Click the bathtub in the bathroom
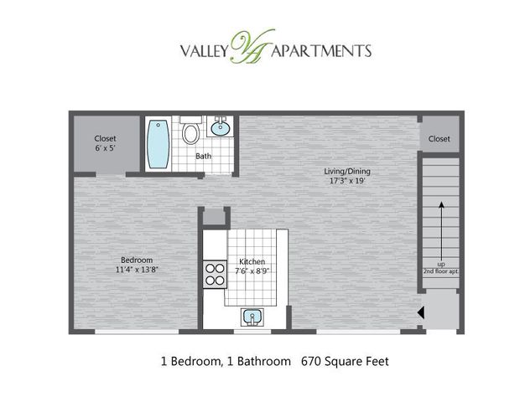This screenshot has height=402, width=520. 159,144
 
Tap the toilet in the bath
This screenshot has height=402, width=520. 190,130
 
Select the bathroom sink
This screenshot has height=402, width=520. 220,126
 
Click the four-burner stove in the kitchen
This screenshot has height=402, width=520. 215,274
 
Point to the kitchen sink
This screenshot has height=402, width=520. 252,317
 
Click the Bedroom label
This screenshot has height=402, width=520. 137,260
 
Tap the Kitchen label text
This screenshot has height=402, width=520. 252,261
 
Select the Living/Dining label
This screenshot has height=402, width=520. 347,171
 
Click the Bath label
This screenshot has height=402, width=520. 203,156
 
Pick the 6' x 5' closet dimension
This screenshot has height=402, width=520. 105,148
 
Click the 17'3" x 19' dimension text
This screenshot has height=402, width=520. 347,181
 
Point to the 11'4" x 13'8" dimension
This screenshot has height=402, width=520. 137,270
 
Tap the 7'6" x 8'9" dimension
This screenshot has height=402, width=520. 252,271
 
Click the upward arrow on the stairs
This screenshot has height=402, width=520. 441,231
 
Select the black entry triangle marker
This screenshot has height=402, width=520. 420,312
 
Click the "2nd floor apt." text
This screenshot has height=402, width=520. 440,271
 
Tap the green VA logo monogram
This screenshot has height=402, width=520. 251,46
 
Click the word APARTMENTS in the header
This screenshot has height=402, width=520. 321,51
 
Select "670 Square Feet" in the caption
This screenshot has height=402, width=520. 345,361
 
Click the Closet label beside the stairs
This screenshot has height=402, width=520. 439,139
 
